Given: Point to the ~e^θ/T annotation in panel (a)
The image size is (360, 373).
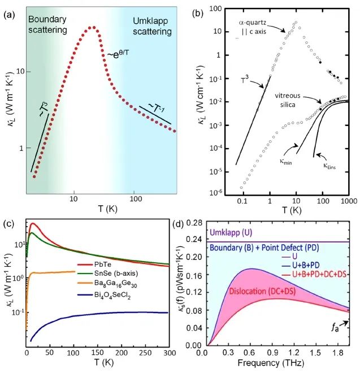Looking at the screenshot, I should [x=120, y=55].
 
